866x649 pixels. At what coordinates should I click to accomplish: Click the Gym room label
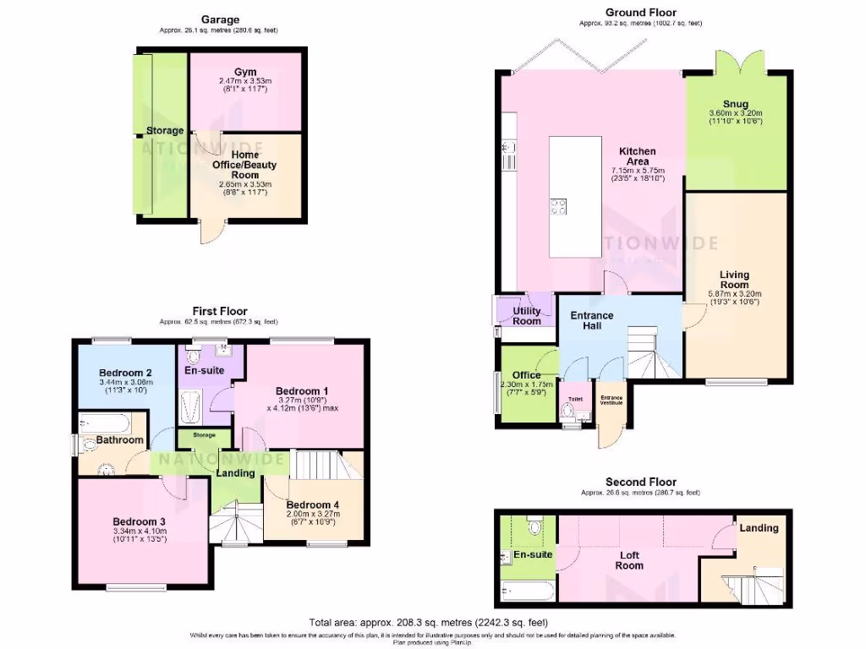[x=244, y=72]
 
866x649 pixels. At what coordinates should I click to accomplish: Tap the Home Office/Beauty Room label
[x=244, y=165]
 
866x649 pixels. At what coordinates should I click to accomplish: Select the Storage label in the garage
[x=164, y=131]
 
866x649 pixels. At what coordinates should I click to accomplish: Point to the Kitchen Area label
[x=638, y=156]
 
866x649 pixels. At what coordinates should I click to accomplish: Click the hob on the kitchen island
[x=559, y=205]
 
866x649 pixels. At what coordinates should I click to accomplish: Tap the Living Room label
[x=734, y=280]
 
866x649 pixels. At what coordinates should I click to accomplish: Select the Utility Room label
[x=526, y=315]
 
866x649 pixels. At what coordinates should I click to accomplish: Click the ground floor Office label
[x=526, y=375]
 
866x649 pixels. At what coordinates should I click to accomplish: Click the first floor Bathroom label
[x=119, y=440]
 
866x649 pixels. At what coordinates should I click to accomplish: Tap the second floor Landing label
[x=759, y=528]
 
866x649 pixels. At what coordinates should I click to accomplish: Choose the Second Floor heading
[x=640, y=482]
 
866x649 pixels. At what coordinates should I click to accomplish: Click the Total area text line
[x=432, y=621]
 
